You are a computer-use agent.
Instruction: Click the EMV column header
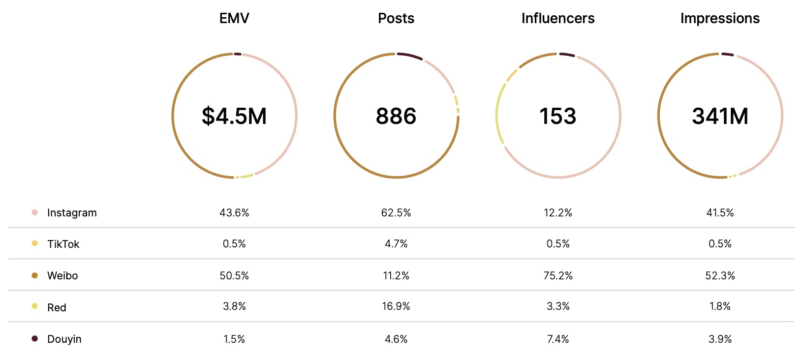click(234, 19)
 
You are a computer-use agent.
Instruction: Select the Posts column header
click(396, 19)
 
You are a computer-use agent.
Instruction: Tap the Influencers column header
click(558, 19)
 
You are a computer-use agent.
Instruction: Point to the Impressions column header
click(720, 19)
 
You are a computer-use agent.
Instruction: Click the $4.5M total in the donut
click(234, 116)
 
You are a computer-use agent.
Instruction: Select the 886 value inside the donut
click(396, 116)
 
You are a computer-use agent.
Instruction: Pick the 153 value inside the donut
click(558, 116)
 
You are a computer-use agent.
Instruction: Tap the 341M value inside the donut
click(720, 116)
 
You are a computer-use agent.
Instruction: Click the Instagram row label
click(72, 213)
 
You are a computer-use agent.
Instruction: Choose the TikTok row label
click(63, 244)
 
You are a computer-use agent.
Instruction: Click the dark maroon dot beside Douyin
click(35, 339)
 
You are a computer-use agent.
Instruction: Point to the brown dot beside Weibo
click(35, 275)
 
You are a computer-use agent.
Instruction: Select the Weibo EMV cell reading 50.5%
click(234, 276)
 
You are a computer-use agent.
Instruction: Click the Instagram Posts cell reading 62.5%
click(396, 213)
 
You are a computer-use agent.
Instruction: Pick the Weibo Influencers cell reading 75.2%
click(558, 276)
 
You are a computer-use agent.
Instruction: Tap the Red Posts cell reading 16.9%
click(396, 306)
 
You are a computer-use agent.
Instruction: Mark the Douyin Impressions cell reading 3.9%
click(720, 339)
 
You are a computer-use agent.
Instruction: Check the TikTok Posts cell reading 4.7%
click(396, 244)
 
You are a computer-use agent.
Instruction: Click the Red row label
click(57, 308)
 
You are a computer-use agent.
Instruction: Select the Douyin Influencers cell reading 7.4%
click(558, 339)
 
